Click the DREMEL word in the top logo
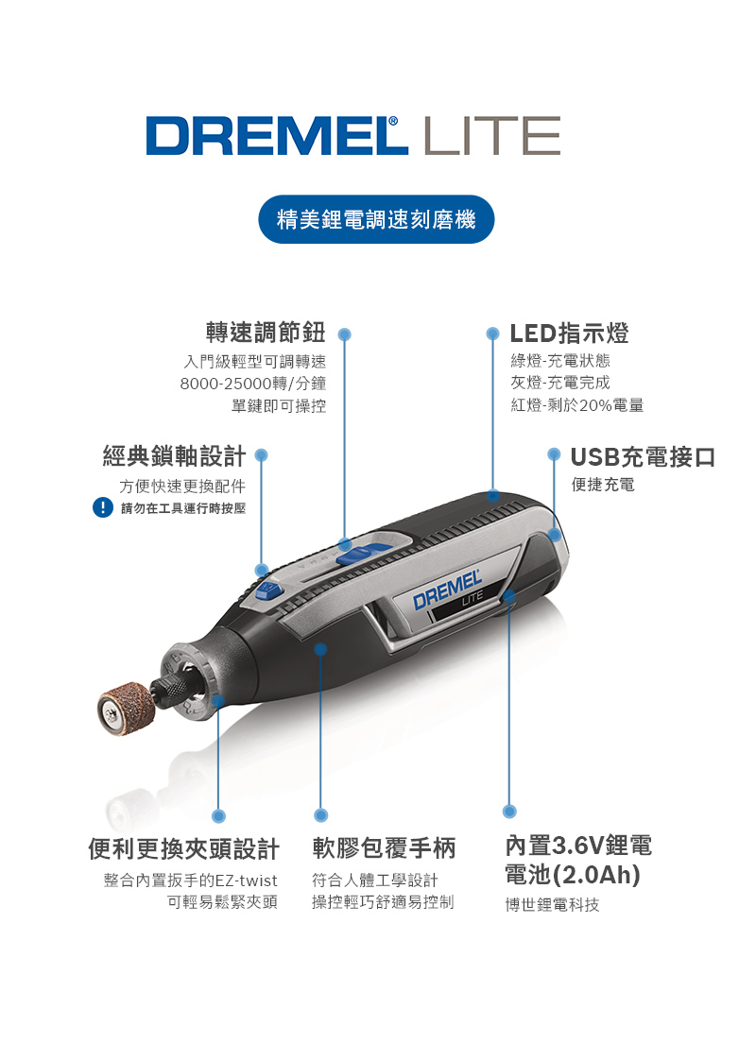276,136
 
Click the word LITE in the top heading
491,136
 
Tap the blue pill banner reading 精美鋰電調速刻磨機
377,219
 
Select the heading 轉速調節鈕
266,332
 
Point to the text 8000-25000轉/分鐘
253,384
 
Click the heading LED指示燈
569,333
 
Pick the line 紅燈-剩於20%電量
577,405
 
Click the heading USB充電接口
643,457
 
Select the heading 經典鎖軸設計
175,456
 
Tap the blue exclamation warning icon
102,507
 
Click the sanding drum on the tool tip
126,710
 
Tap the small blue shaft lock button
270,590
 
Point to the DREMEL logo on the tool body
447,590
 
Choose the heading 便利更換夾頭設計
183,848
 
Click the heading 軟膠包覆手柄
384,848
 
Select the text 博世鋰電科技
553,905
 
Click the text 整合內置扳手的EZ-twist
190,881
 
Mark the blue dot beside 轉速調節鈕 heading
344,334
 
